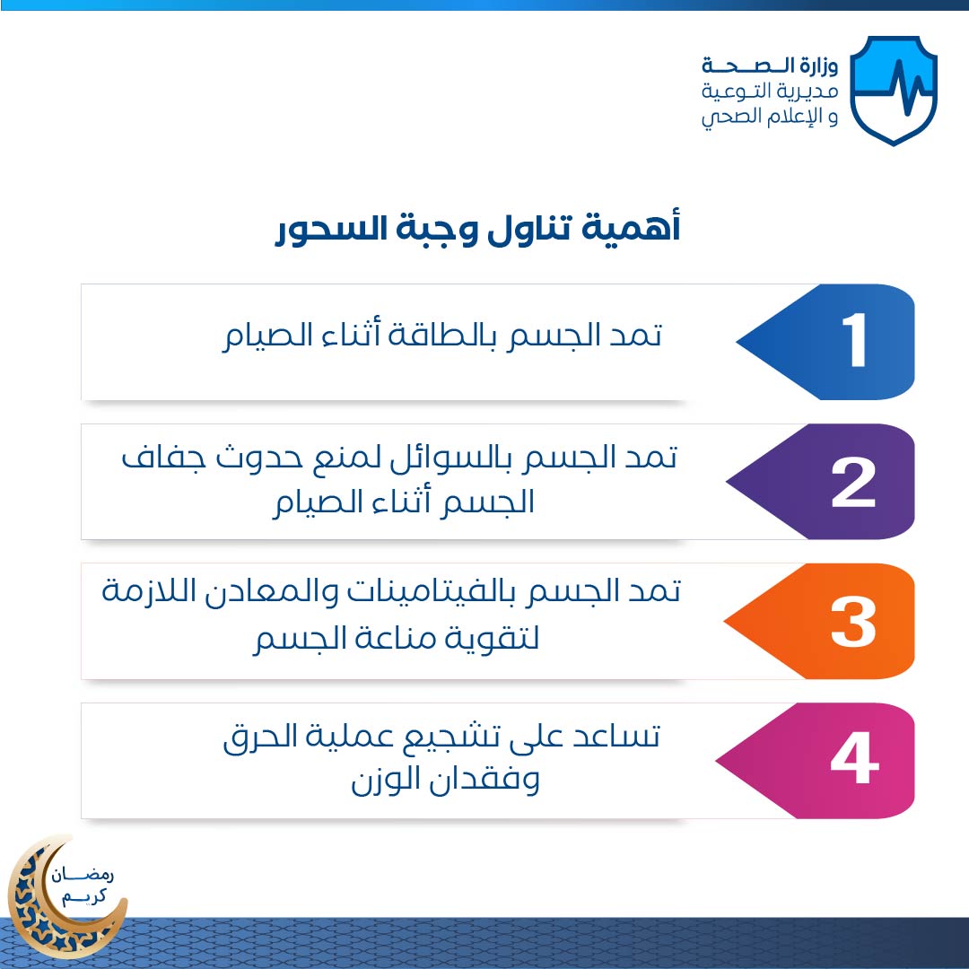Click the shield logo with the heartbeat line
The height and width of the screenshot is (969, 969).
893,91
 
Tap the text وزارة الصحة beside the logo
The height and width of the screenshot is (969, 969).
770,65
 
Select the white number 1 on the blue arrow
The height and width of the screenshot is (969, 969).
854,339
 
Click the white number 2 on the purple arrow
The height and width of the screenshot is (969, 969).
853,484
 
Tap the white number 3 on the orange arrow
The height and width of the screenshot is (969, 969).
853,623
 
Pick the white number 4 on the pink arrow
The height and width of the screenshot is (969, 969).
855,757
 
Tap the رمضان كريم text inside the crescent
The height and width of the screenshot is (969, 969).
83,885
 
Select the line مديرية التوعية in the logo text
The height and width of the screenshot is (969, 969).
770,92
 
